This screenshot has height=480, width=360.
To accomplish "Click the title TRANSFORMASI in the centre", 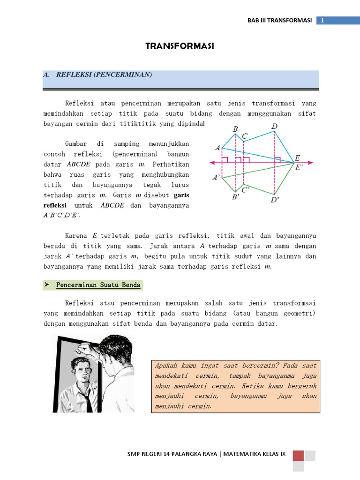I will tap(180, 46).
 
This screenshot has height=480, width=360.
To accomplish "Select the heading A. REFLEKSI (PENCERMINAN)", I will tap(104, 75).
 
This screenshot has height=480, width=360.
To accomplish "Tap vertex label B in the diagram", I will tap(235, 128).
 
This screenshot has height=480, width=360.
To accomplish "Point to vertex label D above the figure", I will tap(274, 127).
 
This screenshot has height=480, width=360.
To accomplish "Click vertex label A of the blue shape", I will tap(218, 148).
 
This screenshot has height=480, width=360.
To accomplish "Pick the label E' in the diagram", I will tap(300, 167).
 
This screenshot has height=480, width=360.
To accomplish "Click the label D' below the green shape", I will tap(275, 200).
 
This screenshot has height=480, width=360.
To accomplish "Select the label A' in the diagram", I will tap(217, 178).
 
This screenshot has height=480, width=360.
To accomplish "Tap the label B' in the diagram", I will tap(236, 198).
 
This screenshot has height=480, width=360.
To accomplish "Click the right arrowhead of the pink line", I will tap(310, 163).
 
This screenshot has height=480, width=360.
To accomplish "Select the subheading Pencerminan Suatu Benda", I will tap(98, 285).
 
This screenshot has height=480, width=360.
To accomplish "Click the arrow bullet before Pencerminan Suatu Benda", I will tap(47, 285).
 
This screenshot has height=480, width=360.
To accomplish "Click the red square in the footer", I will tap(298, 455).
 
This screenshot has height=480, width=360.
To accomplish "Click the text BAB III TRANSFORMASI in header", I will tap(280, 20).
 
